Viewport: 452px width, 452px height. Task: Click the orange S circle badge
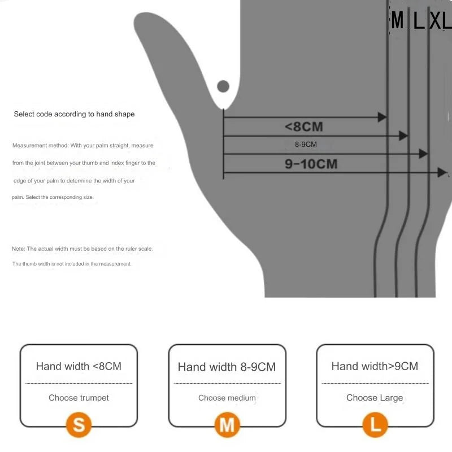(x=79, y=425)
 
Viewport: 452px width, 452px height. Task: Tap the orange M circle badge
(x=227, y=425)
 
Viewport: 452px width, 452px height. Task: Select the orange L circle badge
(x=375, y=425)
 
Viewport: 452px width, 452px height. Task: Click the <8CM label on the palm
(x=304, y=127)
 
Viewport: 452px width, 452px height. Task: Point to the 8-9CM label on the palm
(x=306, y=145)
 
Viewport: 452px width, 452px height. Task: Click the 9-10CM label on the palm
(x=311, y=164)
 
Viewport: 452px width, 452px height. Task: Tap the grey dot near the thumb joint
(x=223, y=86)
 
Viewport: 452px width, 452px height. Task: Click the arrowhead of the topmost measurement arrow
(x=383, y=117)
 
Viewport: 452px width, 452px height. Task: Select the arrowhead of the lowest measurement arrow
(x=442, y=173)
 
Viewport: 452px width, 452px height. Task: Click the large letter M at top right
(x=398, y=20)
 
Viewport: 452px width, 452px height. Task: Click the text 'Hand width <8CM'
(x=79, y=366)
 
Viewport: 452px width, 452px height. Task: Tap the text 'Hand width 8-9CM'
(x=227, y=367)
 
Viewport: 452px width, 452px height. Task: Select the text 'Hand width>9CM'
(x=375, y=366)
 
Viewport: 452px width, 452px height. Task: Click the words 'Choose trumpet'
(x=79, y=398)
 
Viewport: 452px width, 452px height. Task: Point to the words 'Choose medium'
(x=227, y=398)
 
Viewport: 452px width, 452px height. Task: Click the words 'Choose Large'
(x=375, y=398)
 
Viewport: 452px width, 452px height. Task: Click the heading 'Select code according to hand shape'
(x=74, y=114)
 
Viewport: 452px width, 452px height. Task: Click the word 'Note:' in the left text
(x=19, y=249)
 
